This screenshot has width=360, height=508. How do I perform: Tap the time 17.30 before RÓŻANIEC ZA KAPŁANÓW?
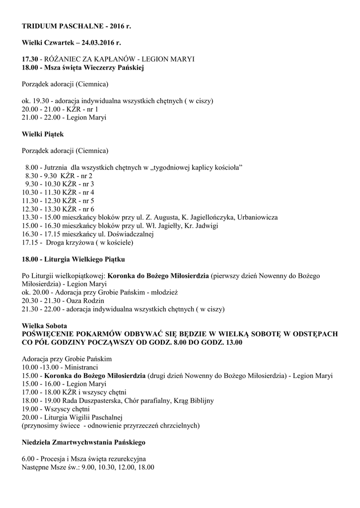(x=29, y=59)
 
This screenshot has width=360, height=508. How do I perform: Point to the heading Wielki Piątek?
(x=43, y=133)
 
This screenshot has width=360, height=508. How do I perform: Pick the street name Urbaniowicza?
(x=257, y=218)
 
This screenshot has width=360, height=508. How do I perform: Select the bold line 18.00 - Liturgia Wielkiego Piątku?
(x=73, y=259)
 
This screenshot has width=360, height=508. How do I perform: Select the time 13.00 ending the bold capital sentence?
(x=232, y=342)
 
